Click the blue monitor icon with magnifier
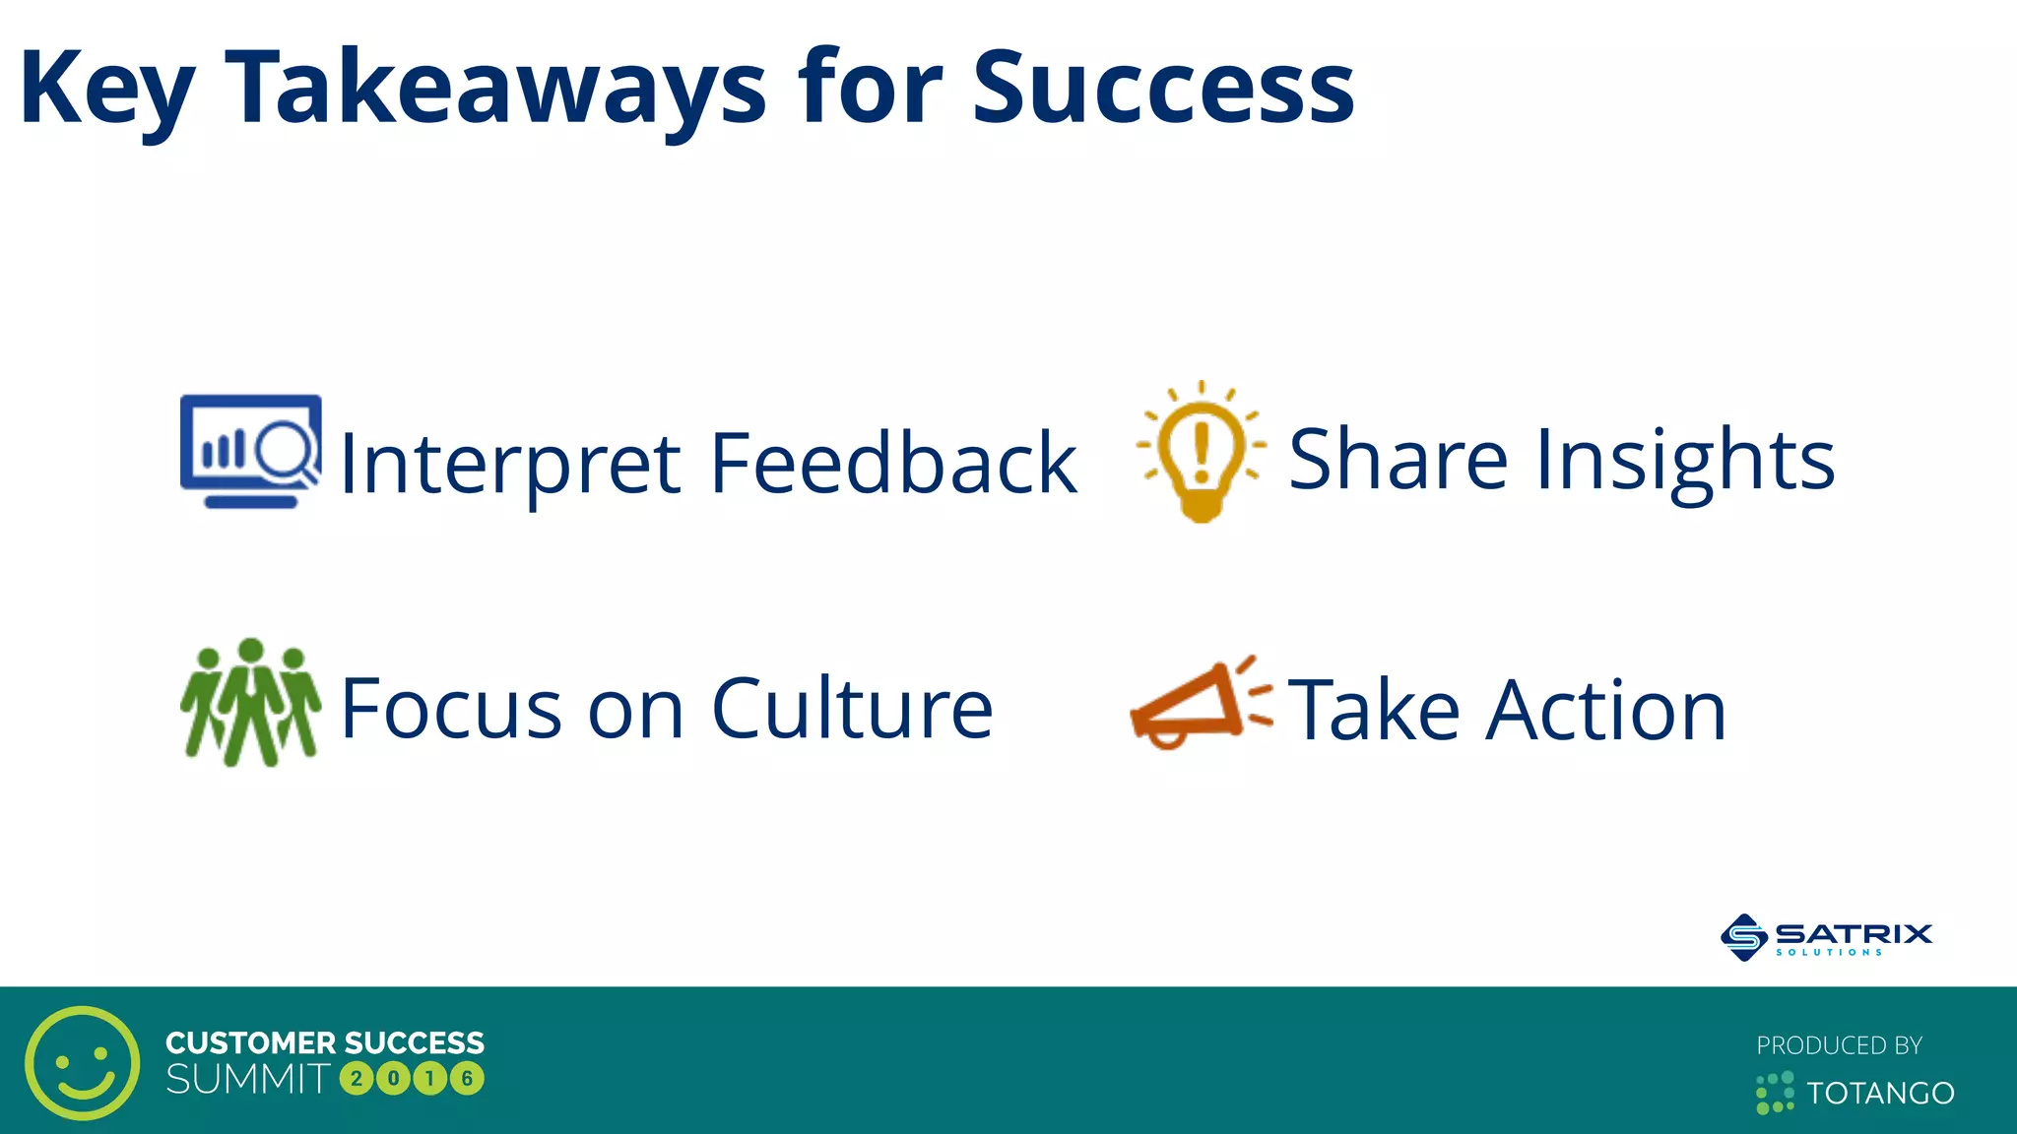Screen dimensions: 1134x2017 pyautogui.click(x=250, y=451)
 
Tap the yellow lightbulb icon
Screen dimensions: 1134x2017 pyautogui.click(x=1201, y=451)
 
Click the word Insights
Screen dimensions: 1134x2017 pyautogui.click(x=1685, y=459)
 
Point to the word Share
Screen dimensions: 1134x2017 pyautogui.click(x=1398, y=459)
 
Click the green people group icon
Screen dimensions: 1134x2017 pyautogui.click(x=250, y=703)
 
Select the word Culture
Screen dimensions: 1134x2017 pyautogui.click(x=852, y=709)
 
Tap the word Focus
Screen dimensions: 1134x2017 pyautogui.click(x=451, y=709)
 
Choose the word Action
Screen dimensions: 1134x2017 pyautogui.click(x=1606, y=709)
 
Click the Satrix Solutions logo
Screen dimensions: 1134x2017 pyautogui.click(x=1827, y=936)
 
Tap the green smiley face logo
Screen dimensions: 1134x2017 pyautogui.click(x=83, y=1062)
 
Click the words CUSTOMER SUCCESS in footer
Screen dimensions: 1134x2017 pyautogui.click(x=325, y=1042)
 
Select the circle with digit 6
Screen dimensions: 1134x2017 pyautogui.click(x=468, y=1079)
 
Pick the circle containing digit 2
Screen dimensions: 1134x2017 pyautogui.click(x=357, y=1079)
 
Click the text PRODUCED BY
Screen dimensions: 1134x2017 pyautogui.click(x=1839, y=1045)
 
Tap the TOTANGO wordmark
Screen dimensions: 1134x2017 pyautogui.click(x=1879, y=1093)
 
